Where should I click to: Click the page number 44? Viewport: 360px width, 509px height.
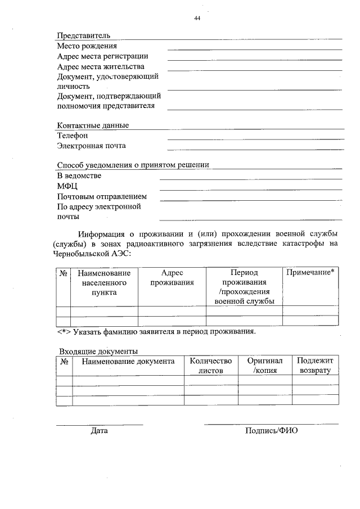[197, 18]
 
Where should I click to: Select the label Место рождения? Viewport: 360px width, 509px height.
[87, 46]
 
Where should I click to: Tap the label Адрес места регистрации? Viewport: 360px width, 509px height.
[103, 56]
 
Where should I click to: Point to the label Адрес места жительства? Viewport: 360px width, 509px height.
[101, 66]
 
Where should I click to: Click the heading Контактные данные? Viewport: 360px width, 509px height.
[93, 125]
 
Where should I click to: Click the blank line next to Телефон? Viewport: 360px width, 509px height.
[255, 138]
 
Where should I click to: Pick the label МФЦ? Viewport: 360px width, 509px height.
[67, 186]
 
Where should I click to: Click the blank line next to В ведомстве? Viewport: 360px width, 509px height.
[251, 179]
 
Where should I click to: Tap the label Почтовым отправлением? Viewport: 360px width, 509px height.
[102, 196]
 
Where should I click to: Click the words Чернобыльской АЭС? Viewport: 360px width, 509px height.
[93, 254]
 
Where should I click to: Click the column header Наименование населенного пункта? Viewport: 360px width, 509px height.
[104, 282]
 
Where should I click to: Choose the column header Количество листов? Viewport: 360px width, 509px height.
[211, 366]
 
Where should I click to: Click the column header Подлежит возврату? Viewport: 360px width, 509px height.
[315, 366]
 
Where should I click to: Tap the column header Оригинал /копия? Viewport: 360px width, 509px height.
[265, 366]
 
